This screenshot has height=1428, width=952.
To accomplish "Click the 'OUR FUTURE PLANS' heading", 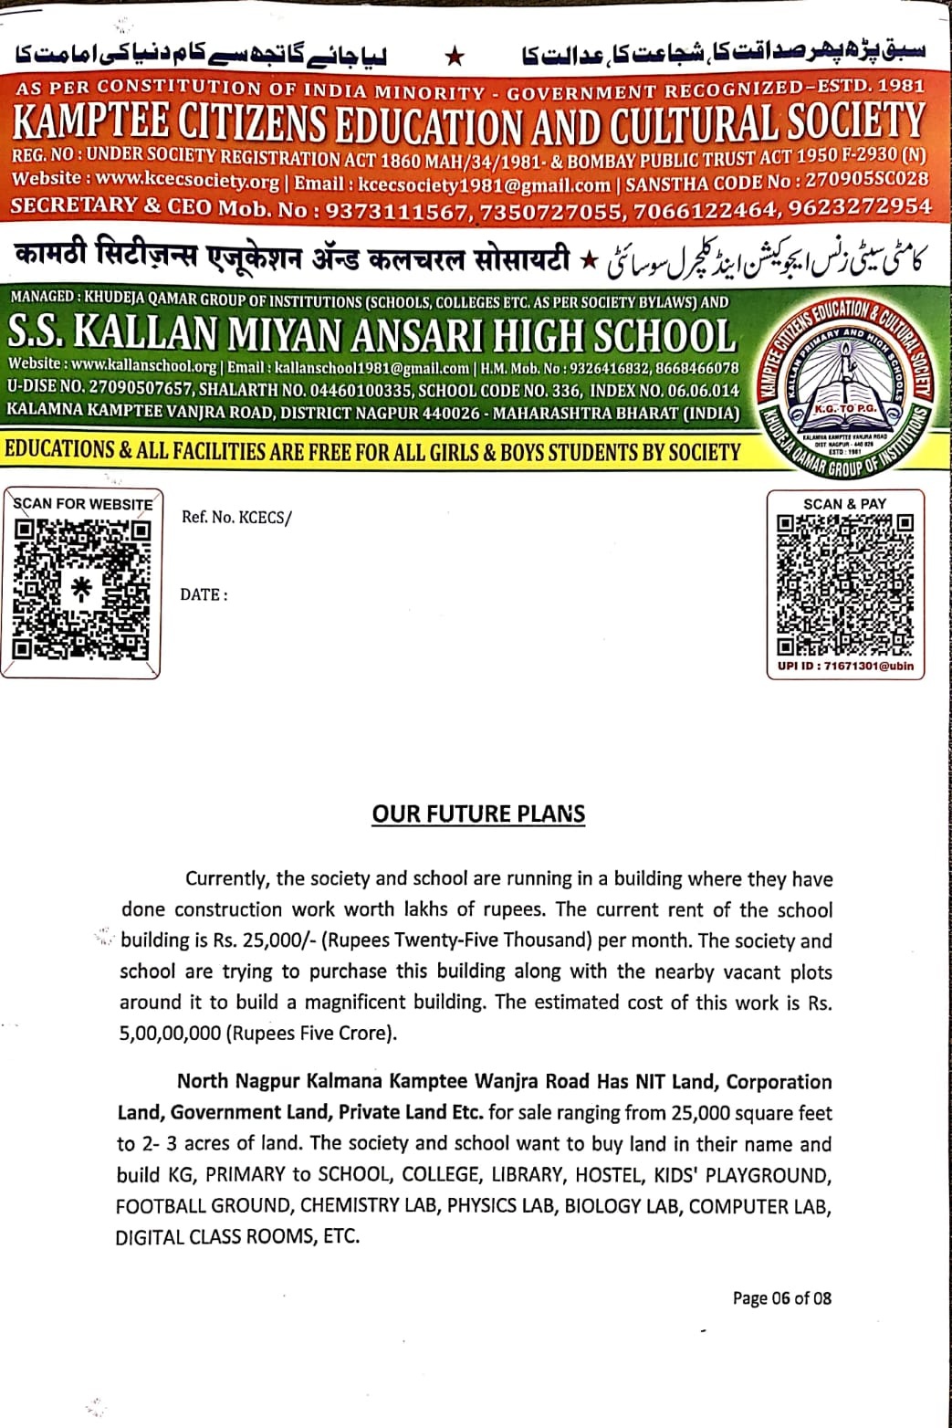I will (478, 814).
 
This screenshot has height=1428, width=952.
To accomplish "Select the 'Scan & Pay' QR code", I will (844, 585).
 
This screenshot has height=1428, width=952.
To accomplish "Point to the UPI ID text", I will (845, 667).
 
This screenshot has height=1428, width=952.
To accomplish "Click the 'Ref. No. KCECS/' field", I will (236, 518).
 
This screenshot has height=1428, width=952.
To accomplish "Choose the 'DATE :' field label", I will (204, 594).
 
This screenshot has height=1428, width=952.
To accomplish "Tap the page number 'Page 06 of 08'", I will (781, 1297).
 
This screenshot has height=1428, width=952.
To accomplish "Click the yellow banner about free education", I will (372, 451).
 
